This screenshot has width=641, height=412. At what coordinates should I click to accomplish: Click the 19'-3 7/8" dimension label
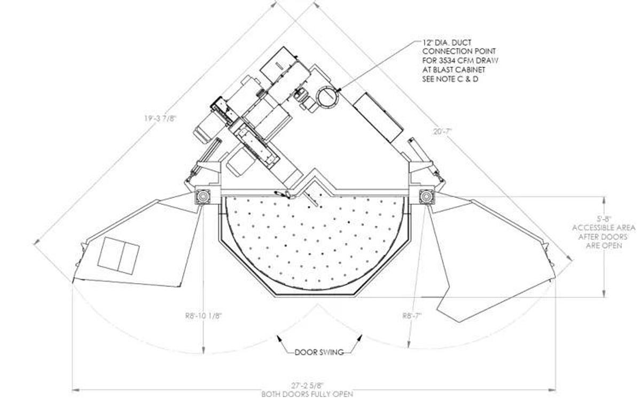point(160,119)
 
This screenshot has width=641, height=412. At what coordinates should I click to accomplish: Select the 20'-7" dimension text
point(442,131)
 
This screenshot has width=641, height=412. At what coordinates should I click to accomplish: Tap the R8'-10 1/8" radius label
point(204,316)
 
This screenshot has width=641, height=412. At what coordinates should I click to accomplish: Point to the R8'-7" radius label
point(412,315)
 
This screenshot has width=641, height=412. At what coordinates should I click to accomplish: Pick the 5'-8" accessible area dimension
point(604,219)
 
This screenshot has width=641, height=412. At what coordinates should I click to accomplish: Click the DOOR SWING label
point(319,352)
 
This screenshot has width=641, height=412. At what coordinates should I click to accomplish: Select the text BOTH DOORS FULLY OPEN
point(307,394)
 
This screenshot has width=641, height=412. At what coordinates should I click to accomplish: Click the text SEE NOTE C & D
point(450,79)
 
